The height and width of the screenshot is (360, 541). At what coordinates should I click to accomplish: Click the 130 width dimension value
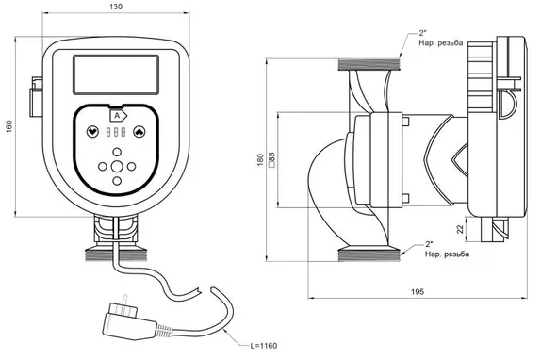[116, 7]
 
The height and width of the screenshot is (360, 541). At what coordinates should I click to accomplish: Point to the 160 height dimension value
[9, 126]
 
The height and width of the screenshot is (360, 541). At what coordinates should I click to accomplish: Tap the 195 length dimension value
[418, 292]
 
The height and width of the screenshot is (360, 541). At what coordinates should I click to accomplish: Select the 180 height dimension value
[260, 160]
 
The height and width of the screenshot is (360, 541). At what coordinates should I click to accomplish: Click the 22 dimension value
[460, 229]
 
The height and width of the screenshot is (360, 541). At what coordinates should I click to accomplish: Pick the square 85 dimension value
[271, 159]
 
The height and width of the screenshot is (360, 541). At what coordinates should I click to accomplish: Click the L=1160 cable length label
[264, 346]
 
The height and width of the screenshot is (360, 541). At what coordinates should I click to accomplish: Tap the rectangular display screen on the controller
[116, 74]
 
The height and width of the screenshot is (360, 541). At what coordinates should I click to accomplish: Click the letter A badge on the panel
[118, 116]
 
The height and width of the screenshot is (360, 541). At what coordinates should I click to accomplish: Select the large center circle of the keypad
[117, 167]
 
